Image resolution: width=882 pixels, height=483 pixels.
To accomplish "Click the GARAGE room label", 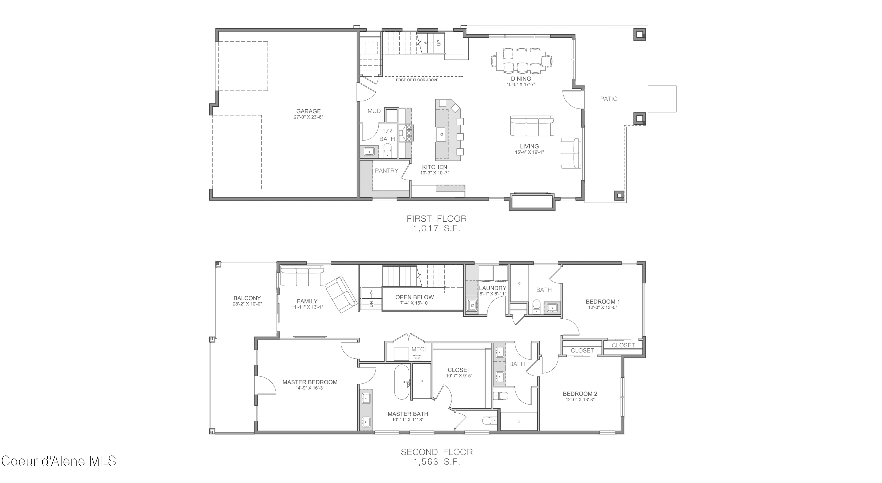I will (x=308, y=111).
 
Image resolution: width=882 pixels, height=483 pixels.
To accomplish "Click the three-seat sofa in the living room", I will (x=532, y=126).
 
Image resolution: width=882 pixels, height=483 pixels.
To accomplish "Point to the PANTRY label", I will (x=386, y=171).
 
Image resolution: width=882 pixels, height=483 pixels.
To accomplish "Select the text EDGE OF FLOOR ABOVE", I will (x=417, y=80).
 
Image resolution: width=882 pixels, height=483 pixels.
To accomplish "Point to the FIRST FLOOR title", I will (x=436, y=218).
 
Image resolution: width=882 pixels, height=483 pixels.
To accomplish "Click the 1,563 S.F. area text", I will (x=436, y=462).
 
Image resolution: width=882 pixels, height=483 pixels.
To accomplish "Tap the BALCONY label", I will (x=247, y=298).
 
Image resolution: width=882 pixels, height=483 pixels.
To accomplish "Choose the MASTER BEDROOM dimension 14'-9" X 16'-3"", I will (x=310, y=388).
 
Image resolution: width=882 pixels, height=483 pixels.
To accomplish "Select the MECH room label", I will (x=420, y=349).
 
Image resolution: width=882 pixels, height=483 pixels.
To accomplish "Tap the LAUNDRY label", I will (x=492, y=288).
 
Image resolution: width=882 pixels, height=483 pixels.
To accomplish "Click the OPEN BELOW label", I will (x=414, y=297).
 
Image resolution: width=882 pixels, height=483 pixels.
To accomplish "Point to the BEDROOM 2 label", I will (x=580, y=394).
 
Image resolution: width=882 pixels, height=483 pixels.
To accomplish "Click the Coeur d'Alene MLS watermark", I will (x=59, y=461).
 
